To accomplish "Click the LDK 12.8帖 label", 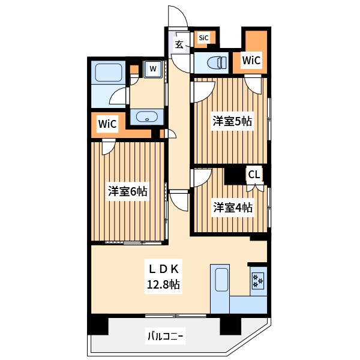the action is pos(163,277).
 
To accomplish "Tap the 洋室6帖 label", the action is pos(128,191).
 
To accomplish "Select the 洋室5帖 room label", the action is pos(232,121).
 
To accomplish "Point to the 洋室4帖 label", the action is pos(233,208).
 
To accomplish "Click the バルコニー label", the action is pos(165,337).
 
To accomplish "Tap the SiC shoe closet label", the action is pos(203,38).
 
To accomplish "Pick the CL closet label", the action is pos(254,175).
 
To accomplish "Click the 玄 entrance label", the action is pos(179,44).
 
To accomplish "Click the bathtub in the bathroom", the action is pos(109,73).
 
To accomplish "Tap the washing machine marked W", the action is pos(153,68).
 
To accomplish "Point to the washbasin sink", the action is pos(147,117).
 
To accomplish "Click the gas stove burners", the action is pos(258,281).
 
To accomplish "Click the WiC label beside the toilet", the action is pos(251,61).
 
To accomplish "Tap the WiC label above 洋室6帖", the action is pos(107,124).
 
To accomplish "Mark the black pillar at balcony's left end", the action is pos(98,326).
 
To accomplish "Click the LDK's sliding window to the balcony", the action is pos(176,316).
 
